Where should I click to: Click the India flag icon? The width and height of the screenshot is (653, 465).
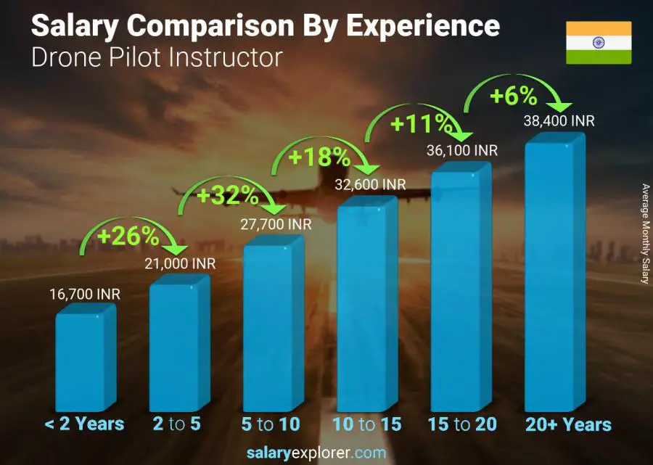click(599, 43)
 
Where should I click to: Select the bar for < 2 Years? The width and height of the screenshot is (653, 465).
click(83, 361)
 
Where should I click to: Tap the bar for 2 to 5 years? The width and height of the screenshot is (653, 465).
click(178, 346)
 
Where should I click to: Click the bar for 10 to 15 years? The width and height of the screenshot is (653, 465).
click(366, 307)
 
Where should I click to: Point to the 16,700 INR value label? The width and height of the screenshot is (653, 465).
click(84, 295)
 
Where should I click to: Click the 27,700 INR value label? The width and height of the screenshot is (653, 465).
click(276, 225)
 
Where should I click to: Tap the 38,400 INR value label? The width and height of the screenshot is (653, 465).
click(559, 121)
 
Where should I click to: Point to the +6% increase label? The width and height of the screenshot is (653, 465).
click(513, 96)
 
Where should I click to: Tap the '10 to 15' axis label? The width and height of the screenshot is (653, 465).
click(367, 424)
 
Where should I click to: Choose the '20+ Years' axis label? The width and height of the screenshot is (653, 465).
click(567, 424)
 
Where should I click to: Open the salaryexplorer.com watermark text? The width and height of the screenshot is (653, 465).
click(326, 453)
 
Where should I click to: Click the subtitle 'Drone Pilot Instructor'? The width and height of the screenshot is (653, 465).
click(157, 57)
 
